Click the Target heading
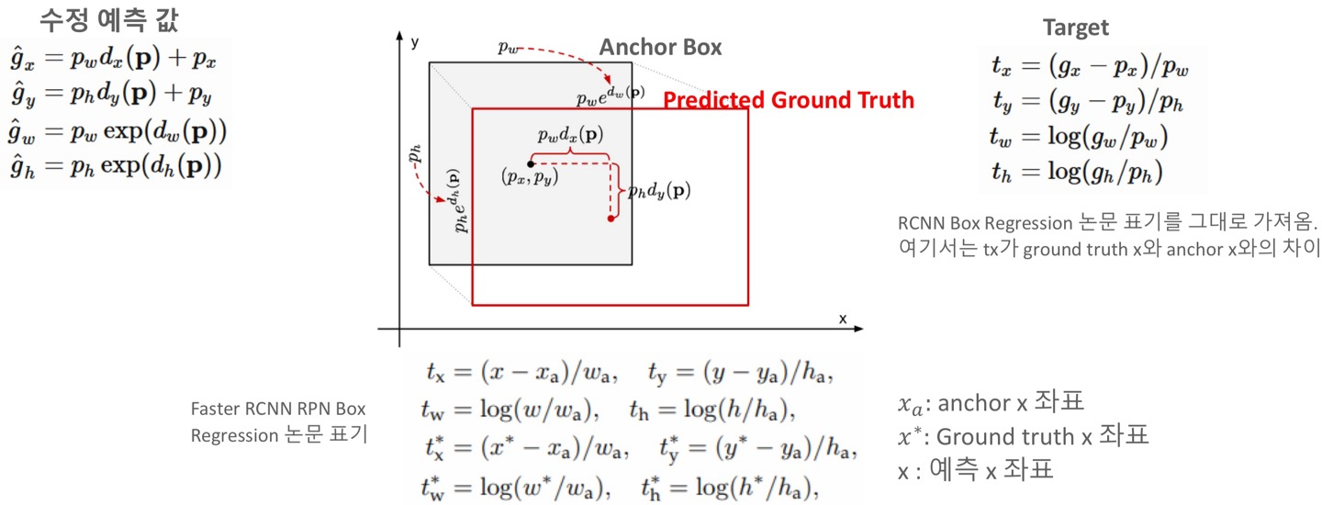click(x=1075, y=28)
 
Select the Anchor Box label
click(x=660, y=47)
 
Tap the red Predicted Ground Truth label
click(x=789, y=100)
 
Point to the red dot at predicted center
click(x=611, y=219)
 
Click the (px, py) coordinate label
click(x=530, y=177)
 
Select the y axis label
click(x=415, y=42)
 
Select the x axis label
click(x=842, y=319)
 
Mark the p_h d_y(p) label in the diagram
click(x=659, y=191)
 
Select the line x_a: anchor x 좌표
click(x=991, y=402)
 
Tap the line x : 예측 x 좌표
click(x=975, y=470)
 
